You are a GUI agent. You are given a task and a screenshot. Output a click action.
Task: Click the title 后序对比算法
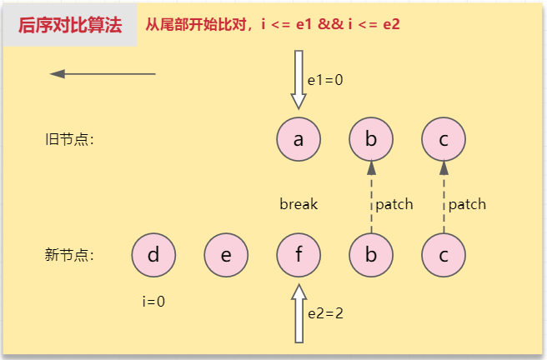pyautogui.click(x=70, y=25)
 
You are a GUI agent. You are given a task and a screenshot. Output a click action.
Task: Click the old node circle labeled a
pyautogui.click(x=299, y=139)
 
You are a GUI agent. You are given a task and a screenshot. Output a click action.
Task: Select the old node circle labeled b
pyautogui.click(x=371, y=139)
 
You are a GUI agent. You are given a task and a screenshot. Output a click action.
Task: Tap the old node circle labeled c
pyautogui.click(x=444, y=139)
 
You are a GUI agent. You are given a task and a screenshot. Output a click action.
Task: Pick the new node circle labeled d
pyautogui.click(x=153, y=255)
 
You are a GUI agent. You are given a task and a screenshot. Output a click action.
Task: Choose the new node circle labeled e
pyautogui.click(x=226, y=255)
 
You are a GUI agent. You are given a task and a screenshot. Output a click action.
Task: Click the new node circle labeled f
pyautogui.click(x=299, y=255)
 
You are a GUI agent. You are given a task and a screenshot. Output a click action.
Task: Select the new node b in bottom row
pyautogui.click(x=371, y=255)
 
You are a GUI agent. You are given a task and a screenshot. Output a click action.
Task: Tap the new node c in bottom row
pyautogui.click(x=444, y=255)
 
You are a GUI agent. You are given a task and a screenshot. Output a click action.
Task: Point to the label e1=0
pyautogui.click(x=325, y=80)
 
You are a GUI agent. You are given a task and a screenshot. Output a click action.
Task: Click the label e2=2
pyautogui.click(x=325, y=313)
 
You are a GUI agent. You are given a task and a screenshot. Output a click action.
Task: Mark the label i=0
pyautogui.click(x=153, y=302)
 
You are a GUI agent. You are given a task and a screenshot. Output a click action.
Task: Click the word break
pyautogui.click(x=299, y=204)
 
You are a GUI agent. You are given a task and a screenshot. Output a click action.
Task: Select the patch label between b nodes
pyautogui.click(x=394, y=204)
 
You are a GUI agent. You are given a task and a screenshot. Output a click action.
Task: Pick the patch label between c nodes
pyautogui.click(x=467, y=204)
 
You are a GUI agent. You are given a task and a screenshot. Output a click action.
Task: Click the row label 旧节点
pyautogui.click(x=69, y=139)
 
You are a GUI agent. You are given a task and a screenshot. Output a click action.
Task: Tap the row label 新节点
pyautogui.click(x=69, y=255)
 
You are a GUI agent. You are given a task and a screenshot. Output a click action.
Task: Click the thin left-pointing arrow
pyautogui.click(x=103, y=74)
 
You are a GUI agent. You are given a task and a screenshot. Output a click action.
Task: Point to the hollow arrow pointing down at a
pyautogui.click(x=299, y=80)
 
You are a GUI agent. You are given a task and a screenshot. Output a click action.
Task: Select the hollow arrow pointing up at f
pyautogui.click(x=299, y=313)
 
